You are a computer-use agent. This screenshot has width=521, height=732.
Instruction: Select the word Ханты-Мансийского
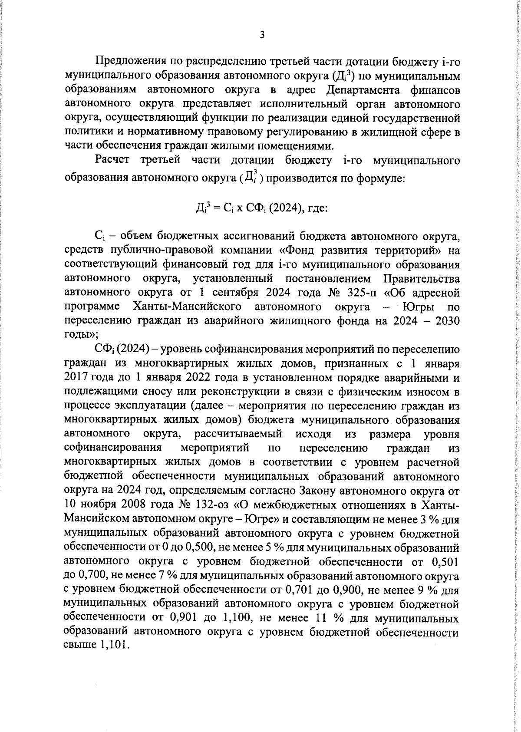(x=187, y=307)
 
